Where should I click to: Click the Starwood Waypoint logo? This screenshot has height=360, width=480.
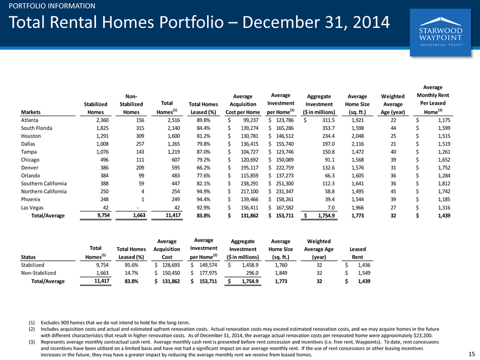[440, 32]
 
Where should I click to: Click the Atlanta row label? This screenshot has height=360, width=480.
[29, 121]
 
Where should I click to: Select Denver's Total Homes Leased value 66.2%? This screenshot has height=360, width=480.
[203, 168]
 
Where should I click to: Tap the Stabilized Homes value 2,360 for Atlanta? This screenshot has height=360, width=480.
[103, 121]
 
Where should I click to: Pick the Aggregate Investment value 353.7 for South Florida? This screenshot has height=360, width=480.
[328, 128]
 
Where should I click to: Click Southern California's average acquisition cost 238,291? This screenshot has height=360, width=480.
[249, 184]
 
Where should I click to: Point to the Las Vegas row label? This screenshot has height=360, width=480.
[32, 208]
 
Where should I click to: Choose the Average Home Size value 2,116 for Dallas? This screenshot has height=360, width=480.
[358, 144]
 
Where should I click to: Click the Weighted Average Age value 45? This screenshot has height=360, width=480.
[393, 191]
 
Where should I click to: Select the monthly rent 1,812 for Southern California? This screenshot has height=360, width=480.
[444, 184]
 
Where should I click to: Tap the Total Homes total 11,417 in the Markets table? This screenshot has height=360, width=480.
[173, 215]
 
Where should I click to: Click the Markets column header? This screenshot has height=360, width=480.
[31, 112]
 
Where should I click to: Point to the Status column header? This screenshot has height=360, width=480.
[28, 257]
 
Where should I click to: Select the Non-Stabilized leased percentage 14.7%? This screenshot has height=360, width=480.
[131, 273]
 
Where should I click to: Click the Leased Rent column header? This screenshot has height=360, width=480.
[358, 253]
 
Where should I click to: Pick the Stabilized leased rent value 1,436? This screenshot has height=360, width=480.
[364, 265]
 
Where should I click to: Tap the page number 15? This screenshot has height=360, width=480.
[471, 354]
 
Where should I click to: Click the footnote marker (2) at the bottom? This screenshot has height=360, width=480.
[32, 329]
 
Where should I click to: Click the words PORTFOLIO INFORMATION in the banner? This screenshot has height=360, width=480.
[52, 6]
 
